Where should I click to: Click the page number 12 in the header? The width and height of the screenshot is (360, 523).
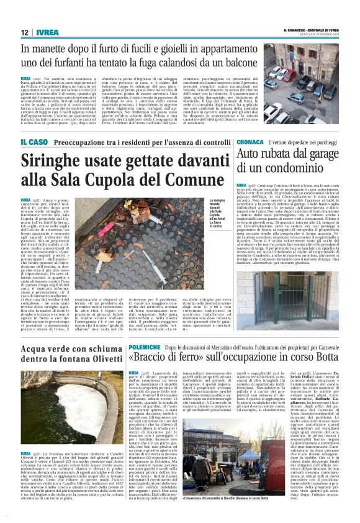click(24, 32)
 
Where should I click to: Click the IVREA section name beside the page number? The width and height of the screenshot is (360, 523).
click(47, 32)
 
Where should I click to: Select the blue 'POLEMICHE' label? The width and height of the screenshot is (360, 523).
click(145, 347)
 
